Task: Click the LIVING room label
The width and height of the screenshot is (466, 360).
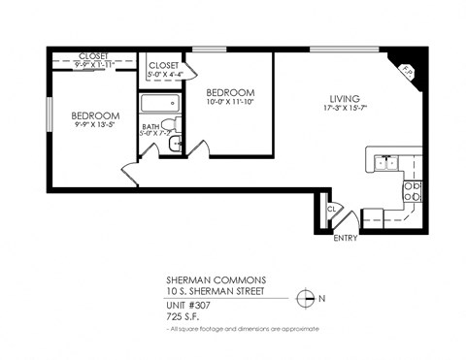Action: pyautogui.click(x=344, y=99)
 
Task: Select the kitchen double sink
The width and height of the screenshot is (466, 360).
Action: pyautogui.click(x=388, y=163)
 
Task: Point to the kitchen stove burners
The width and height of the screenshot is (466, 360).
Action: pyautogui.click(x=412, y=192)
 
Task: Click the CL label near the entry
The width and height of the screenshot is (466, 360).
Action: pyautogui.click(x=332, y=209)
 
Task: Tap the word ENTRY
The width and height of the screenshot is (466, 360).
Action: pyautogui.click(x=346, y=237)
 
